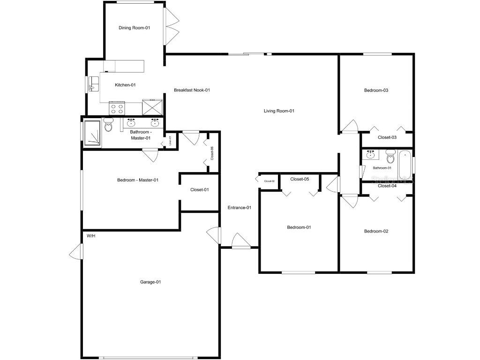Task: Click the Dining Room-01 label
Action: [x=134, y=28]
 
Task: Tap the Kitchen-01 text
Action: [x=125, y=85]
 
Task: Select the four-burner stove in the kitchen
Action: [x=117, y=109]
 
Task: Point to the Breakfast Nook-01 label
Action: [x=192, y=90]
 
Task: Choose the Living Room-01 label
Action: [x=279, y=111]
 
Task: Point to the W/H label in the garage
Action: [x=91, y=235]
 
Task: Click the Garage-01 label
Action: [x=150, y=282]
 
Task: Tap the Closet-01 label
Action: [x=199, y=190]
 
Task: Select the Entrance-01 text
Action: [x=240, y=208]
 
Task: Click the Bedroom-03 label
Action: [x=376, y=90]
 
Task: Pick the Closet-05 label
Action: [x=300, y=179]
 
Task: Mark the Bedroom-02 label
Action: [x=376, y=231]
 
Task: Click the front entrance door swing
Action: [x=241, y=241]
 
